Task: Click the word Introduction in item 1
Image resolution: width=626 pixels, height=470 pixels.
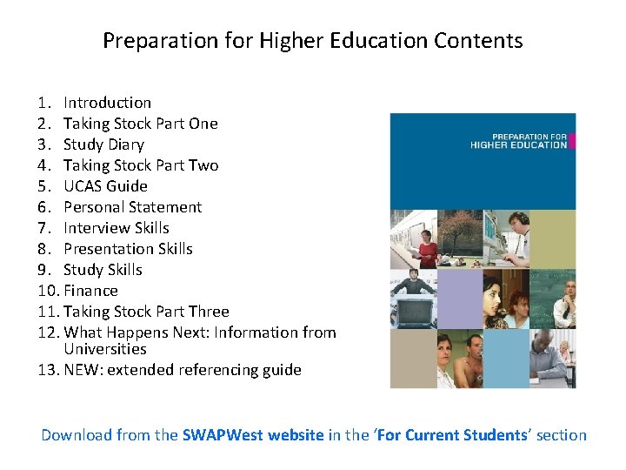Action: pos(107,103)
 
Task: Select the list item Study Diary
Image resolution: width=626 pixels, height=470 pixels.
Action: pos(103,144)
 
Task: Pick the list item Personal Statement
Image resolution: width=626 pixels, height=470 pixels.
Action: pos(132,207)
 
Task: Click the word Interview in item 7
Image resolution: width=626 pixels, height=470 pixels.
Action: pos(95,228)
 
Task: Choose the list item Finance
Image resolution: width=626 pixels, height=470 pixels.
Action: pos(90,291)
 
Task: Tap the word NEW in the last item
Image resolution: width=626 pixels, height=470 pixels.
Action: pos(81,370)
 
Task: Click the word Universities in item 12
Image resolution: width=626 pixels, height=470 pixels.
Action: pos(104,349)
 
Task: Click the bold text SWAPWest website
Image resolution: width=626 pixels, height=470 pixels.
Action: pos(253,435)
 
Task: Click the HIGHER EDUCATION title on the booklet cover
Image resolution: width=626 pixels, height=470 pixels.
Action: pos(518,145)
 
